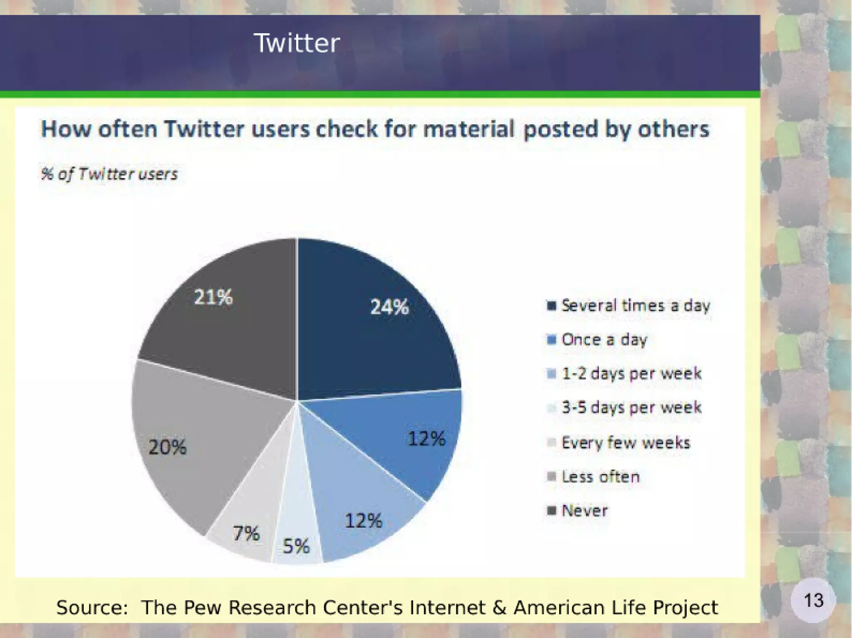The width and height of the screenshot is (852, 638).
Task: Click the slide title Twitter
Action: coord(297,43)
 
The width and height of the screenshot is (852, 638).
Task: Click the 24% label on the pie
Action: coord(389,307)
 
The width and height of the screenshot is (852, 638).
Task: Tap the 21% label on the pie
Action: coord(213,297)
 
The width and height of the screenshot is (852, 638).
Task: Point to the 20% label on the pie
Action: coord(167,447)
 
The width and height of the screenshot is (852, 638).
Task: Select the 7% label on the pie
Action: coord(246,533)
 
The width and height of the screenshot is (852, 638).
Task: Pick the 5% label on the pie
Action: coord(296,546)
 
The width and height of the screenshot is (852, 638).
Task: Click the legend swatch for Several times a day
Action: coord(551,306)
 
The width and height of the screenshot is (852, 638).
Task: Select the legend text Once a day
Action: coord(604,340)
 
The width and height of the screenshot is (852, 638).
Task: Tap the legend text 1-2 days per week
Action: coord(631,374)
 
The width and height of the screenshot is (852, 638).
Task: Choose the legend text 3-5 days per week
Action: coord(631,408)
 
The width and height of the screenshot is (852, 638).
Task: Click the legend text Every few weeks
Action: coord(625,443)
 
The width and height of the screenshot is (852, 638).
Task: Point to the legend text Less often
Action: coord(600,477)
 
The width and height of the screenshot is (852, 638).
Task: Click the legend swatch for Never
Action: coord(551,510)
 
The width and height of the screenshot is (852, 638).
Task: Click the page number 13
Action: coord(813,600)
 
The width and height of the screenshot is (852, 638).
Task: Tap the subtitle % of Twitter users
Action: coord(109,174)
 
